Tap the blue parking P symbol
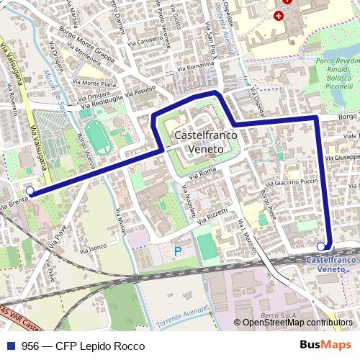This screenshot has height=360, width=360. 178,251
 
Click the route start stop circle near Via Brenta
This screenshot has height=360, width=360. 30,191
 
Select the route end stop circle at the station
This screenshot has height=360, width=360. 320,246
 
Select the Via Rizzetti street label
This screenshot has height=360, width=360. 214,212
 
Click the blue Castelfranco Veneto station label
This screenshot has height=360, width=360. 331,263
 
